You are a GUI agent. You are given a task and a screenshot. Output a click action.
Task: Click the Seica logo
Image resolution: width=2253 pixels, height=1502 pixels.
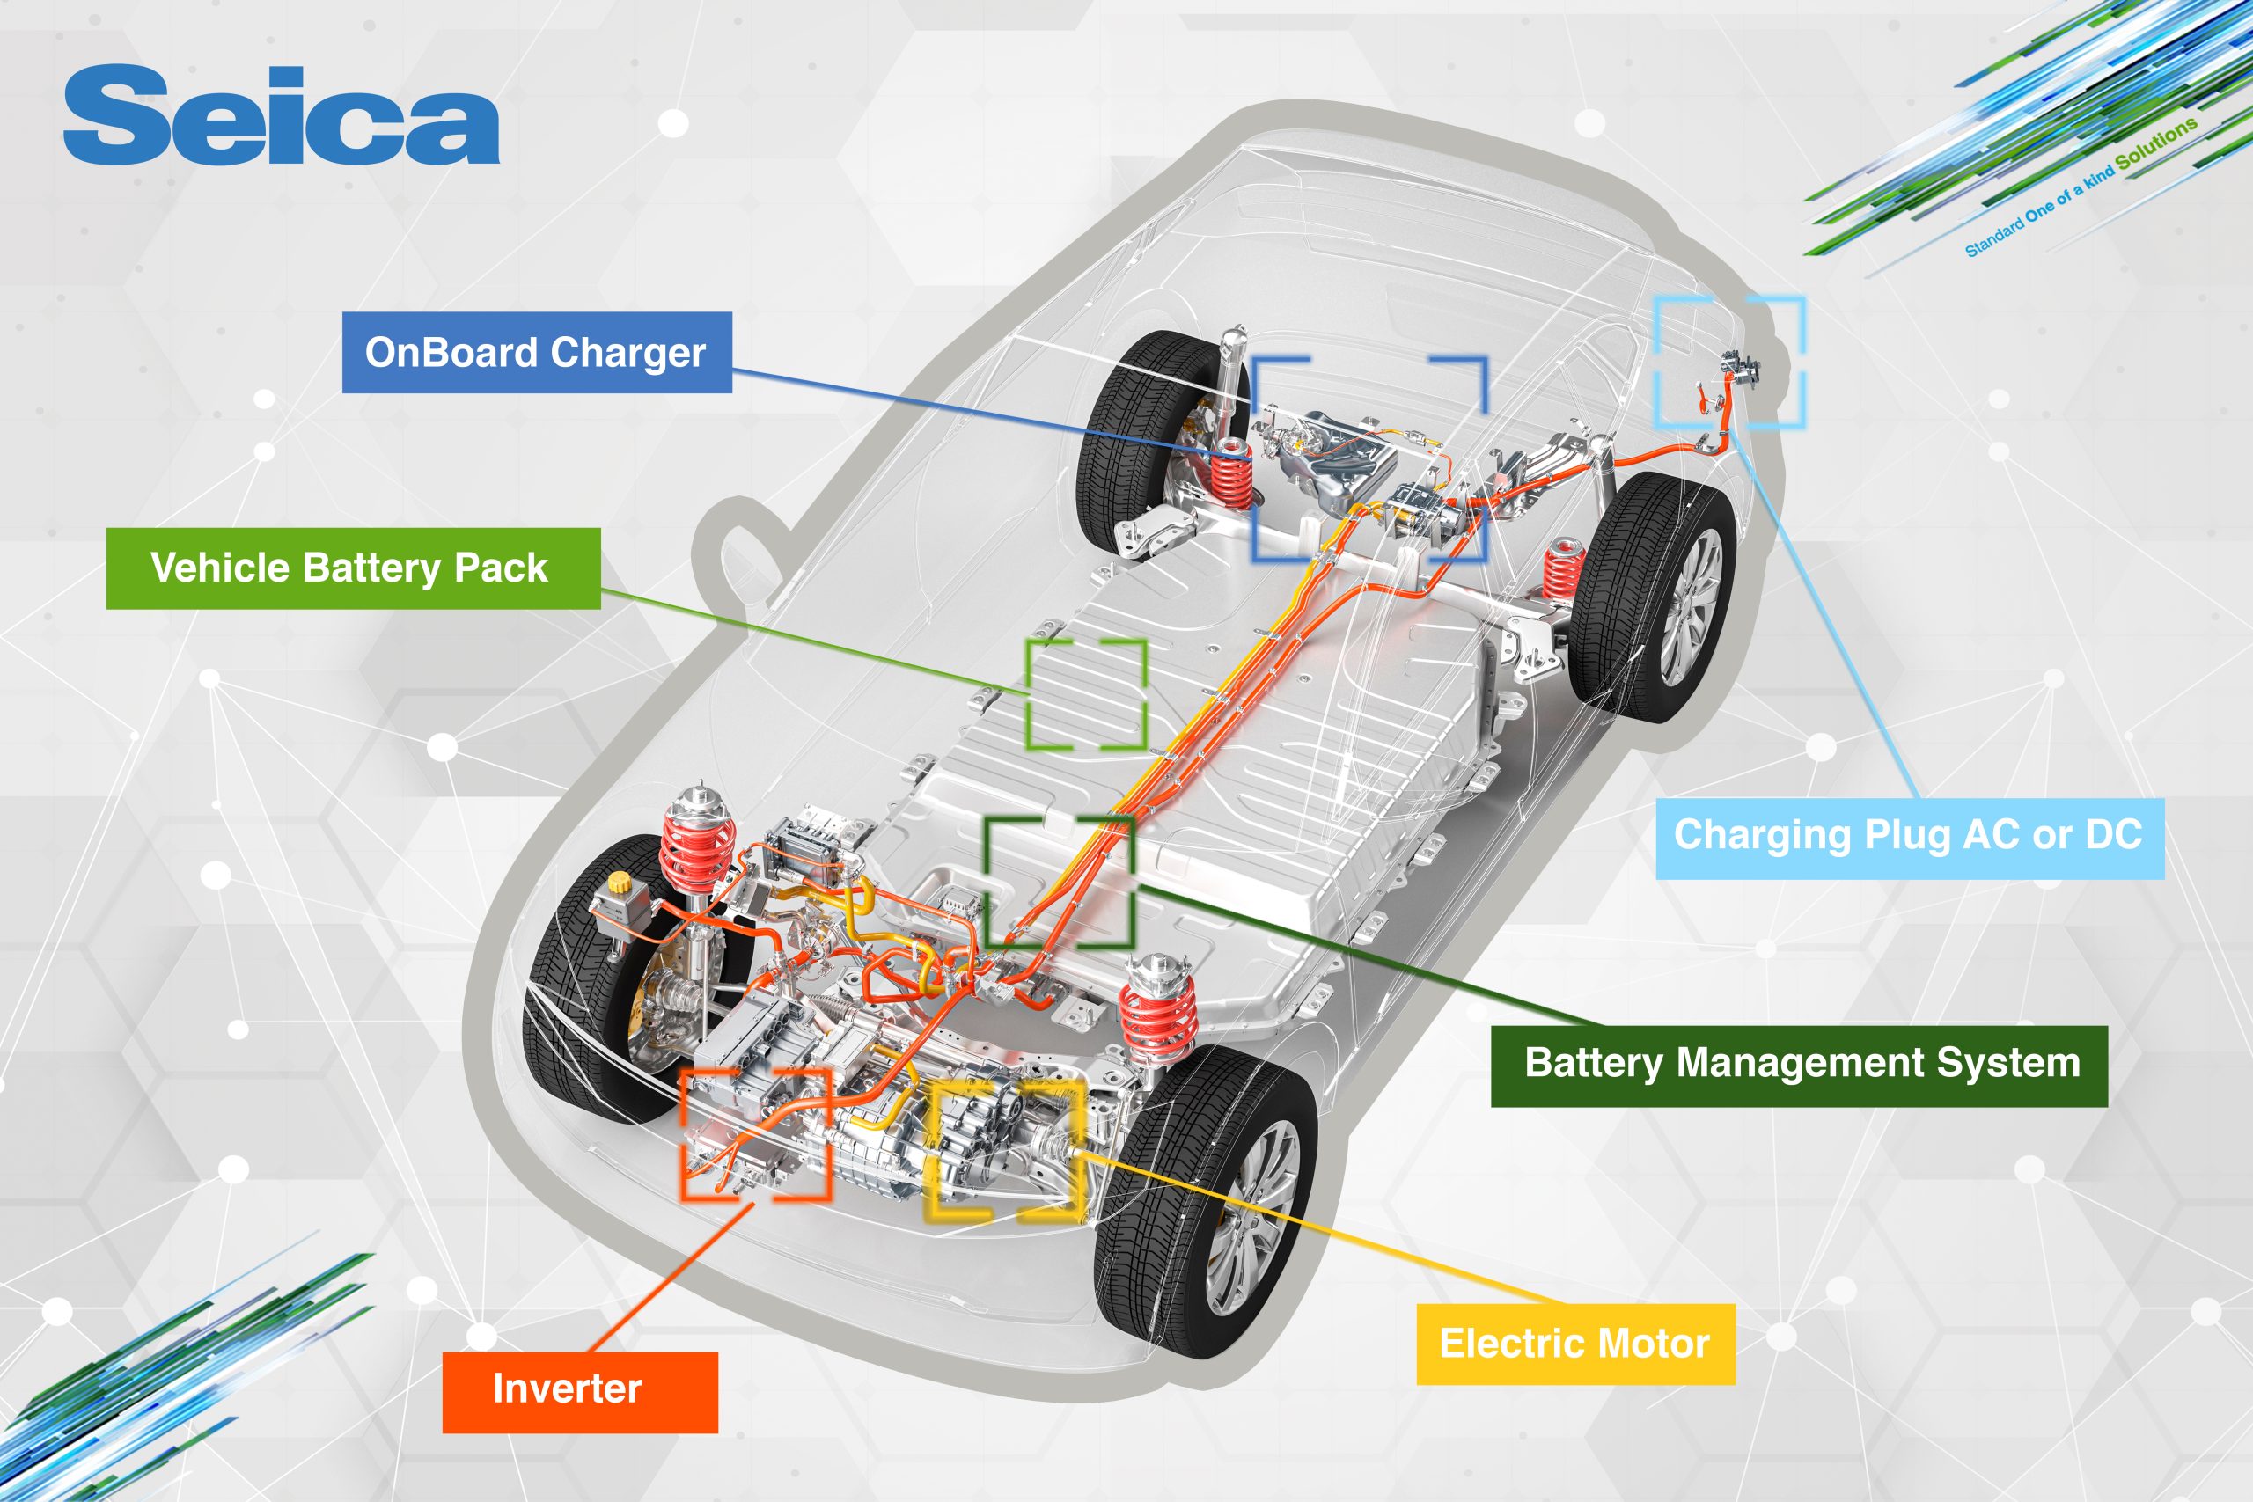point(281,116)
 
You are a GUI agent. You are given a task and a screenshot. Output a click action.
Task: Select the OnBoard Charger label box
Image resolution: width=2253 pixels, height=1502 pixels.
point(537,353)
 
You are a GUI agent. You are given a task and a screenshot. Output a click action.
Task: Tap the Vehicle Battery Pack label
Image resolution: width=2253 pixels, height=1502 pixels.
point(353,568)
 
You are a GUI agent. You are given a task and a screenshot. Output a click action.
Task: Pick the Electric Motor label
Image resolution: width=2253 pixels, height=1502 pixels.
point(1574,1343)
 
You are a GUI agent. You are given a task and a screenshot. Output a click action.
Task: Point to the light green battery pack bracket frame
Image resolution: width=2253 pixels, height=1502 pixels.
point(1086,694)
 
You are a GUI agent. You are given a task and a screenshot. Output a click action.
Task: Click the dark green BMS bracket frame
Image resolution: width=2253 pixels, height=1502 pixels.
point(1060,882)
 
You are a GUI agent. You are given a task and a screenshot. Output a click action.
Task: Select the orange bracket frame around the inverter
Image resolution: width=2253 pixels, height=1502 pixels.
point(755,1134)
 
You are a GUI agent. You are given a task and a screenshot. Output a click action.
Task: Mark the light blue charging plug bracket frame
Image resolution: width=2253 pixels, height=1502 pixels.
point(1730,363)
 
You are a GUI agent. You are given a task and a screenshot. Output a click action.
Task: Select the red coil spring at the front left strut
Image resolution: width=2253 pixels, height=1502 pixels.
point(696,853)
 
